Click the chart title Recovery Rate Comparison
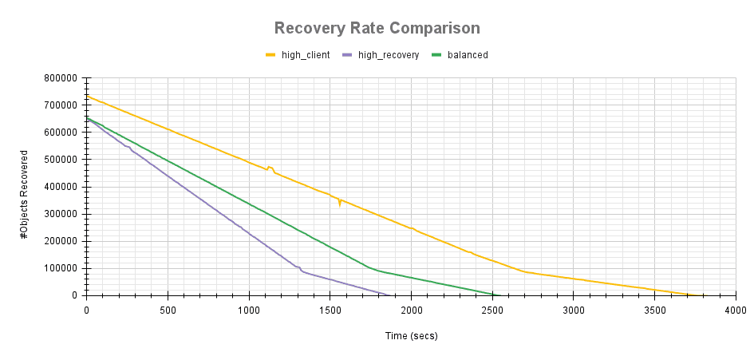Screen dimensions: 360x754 (x=377, y=29)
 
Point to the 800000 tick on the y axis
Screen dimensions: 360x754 (x=61, y=78)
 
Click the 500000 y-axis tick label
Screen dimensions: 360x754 (x=61, y=160)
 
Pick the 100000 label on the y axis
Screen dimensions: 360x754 (x=61, y=268)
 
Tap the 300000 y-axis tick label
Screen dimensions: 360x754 (x=61, y=214)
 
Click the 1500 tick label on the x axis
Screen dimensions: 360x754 (x=330, y=309)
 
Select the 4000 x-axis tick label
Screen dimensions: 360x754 (x=735, y=309)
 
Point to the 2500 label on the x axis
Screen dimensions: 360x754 (x=492, y=309)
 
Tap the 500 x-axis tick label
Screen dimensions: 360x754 (x=168, y=309)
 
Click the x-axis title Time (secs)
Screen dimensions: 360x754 (x=411, y=336)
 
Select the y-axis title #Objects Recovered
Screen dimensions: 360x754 (x=26, y=187)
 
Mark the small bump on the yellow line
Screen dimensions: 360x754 (x=270, y=167)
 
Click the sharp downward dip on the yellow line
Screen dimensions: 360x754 (x=340, y=205)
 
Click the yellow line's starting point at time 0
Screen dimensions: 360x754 (x=87, y=97)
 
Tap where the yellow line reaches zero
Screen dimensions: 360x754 (x=691, y=295)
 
